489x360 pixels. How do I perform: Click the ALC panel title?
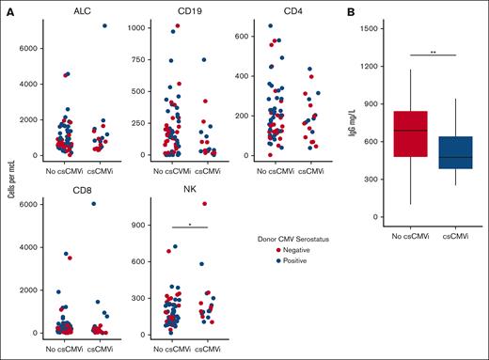68,9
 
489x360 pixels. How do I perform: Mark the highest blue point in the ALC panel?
104,25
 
